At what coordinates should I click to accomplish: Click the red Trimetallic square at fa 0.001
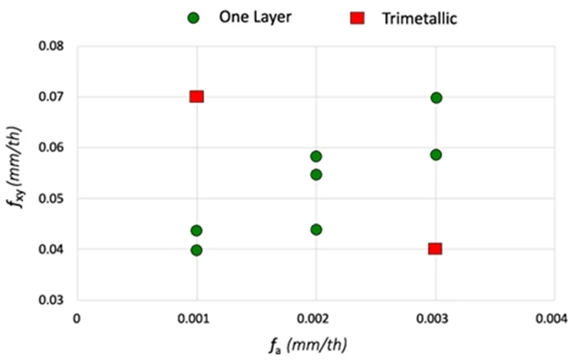[x=196, y=97]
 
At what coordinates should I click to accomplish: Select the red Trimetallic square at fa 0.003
[x=435, y=249]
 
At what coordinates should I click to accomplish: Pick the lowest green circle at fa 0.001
[x=196, y=250]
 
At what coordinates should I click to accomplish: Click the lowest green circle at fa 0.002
[x=316, y=229]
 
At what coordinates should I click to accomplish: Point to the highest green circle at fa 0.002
[x=316, y=156]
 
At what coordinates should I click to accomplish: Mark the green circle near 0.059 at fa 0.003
[x=436, y=154]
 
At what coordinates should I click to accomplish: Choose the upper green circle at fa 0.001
[x=196, y=230]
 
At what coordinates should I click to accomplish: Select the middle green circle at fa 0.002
[x=316, y=174]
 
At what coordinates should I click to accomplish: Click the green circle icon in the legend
[x=194, y=18]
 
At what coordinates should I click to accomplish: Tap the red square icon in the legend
[x=357, y=18]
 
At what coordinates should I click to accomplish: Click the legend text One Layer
[x=255, y=17]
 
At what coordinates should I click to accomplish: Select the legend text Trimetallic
[x=420, y=18]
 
